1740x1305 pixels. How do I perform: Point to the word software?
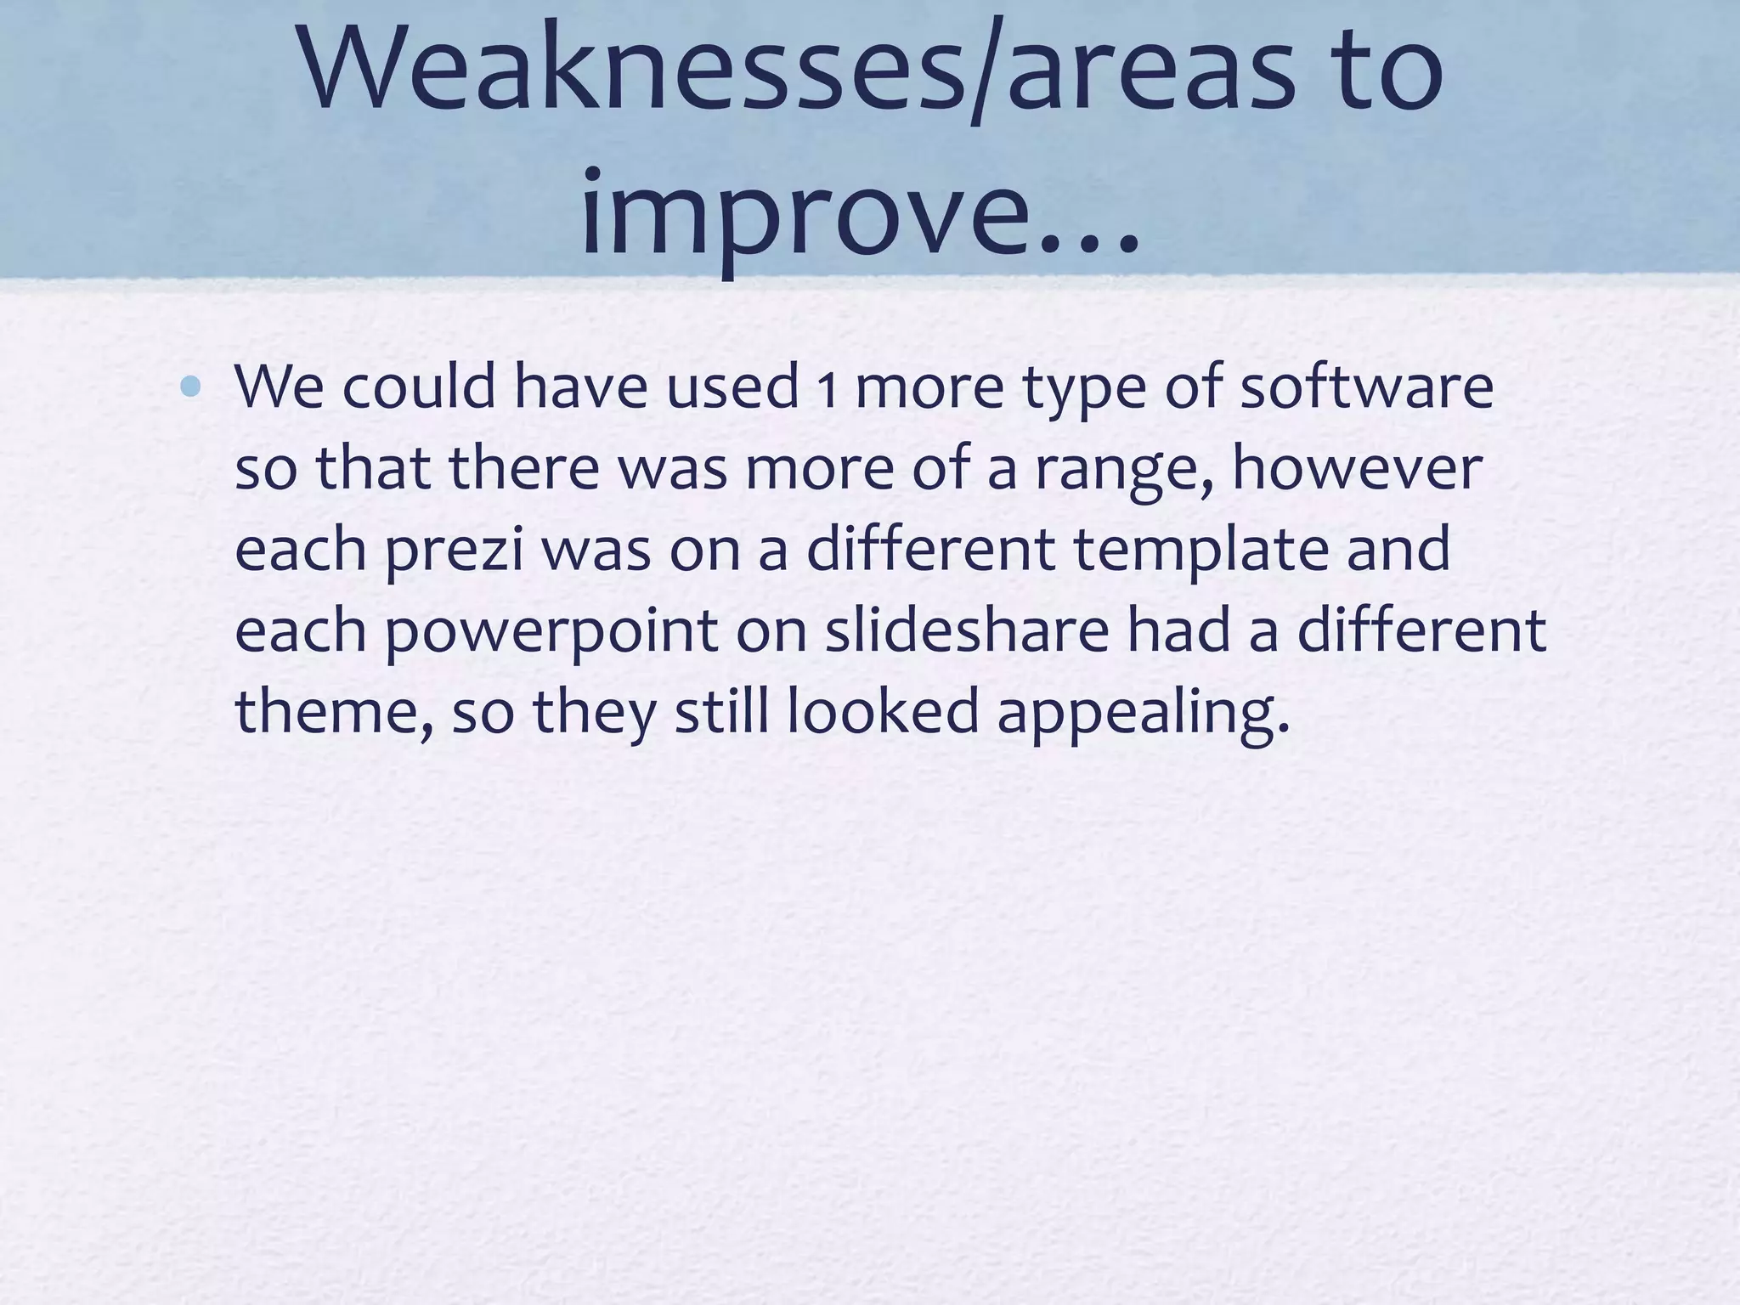click(x=1366, y=387)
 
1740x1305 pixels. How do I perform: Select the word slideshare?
click(x=967, y=630)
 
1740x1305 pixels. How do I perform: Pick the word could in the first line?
click(x=419, y=387)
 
